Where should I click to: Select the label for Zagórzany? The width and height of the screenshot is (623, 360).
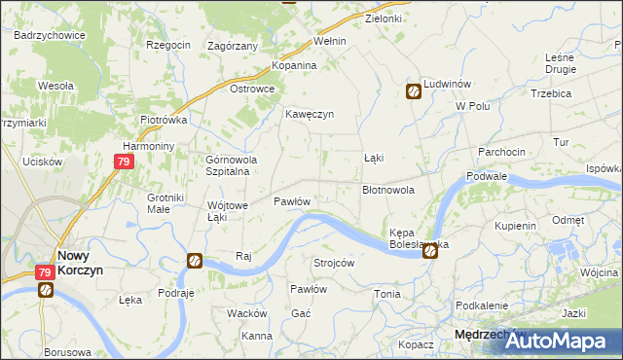click(233, 46)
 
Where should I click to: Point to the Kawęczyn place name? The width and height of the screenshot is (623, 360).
click(310, 114)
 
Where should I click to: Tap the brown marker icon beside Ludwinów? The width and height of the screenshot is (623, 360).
click(414, 91)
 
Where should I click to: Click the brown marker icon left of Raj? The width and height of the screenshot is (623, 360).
click(195, 261)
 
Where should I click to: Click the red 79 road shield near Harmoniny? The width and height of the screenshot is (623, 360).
click(123, 162)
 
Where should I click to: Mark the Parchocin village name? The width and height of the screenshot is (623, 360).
click(501, 152)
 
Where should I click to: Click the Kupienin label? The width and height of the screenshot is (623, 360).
click(516, 226)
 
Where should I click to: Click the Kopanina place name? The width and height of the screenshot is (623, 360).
click(294, 65)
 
